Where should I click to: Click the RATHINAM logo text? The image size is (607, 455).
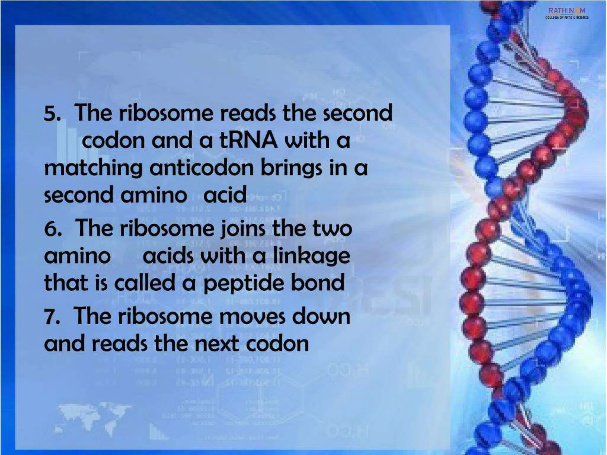[x=567, y=11]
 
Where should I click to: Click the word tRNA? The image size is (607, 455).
[x=248, y=140]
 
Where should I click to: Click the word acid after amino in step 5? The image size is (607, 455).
[x=225, y=195]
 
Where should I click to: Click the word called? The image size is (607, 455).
[x=145, y=283]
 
